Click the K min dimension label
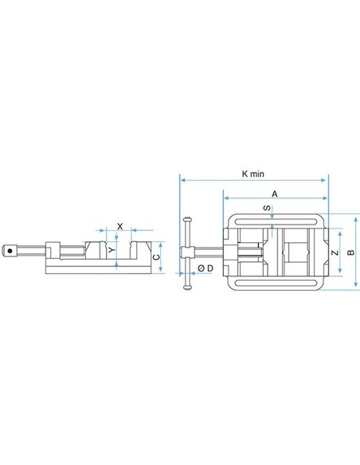(x=252, y=174)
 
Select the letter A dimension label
(x=275, y=194)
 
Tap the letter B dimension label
(x=350, y=252)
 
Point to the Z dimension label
(x=335, y=252)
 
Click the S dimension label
(x=267, y=208)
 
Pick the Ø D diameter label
(x=205, y=268)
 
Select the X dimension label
(x=119, y=227)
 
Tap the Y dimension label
(x=112, y=250)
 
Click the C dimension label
(x=156, y=257)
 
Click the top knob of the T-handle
(x=187, y=220)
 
